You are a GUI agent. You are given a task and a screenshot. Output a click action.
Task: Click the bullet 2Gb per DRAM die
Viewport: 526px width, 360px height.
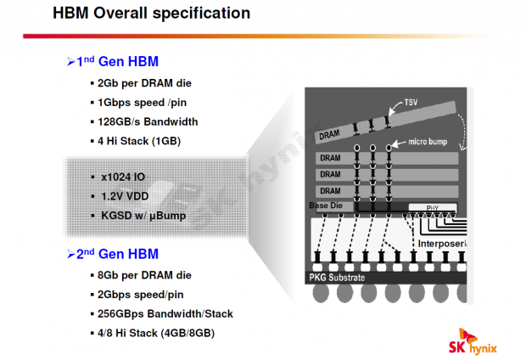[144, 84]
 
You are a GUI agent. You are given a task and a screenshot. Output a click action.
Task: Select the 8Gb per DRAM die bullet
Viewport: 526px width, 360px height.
[144, 275]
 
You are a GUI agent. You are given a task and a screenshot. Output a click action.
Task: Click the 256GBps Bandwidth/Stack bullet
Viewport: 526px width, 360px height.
[165, 313]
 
